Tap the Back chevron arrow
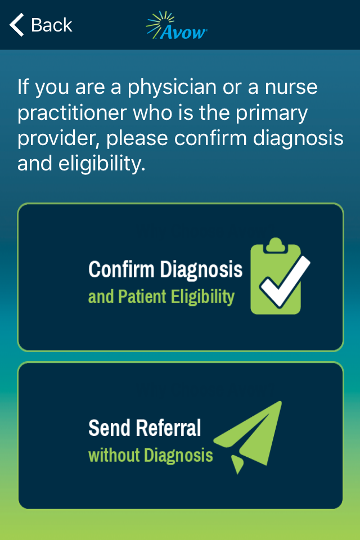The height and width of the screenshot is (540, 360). (x=16, y=25)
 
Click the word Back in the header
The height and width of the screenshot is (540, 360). (x=52, y=25)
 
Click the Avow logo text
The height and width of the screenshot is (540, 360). (x=183, y=32)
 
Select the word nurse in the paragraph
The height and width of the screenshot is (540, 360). (x=291, y=87)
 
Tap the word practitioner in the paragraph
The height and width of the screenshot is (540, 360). (x=73, y=112)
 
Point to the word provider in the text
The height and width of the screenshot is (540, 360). (x=58, y=138)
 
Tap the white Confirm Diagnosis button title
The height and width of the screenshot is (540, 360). (x=165, y=269)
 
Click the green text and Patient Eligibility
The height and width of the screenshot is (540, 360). (x=161, y=296)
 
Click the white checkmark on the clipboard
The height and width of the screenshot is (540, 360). (x=285, y=281)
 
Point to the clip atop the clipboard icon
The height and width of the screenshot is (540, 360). (x=275, y=245)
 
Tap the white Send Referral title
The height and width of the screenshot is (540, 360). (x=145, y=427)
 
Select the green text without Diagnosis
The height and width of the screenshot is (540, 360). (x=151, y=455)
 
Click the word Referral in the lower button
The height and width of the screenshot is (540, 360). (x=168, y=427)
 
